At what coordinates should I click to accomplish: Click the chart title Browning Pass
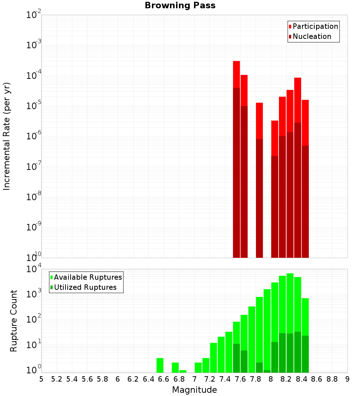pyautogui.click(x=180, y=5)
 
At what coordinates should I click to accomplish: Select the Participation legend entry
pyautogui.click(x=315, y=26)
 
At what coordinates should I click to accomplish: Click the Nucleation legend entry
pyautogui.click(x=311, y=36)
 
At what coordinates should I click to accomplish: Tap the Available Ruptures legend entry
pyautogui.click(x=87, y=277)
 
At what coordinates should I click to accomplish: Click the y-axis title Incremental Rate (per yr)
pyautogui.click(x=7, y=136)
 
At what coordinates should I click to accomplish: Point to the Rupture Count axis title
pyautogui.click(x=14, y=321)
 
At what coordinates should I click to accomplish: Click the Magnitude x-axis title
pyautogui.click(x=194, y=390)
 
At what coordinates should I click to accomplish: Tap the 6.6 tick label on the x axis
pyautogui.click(x=164, y=379)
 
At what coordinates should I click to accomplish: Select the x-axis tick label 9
pyautogui.click(x=347, y=379)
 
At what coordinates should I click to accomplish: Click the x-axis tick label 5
pyautogui.click(x=41, y=379)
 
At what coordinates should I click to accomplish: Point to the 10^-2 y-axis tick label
pyautogui.click(x=34, y=15)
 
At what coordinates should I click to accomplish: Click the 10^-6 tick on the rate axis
pyautogui.click(x=34, y=136)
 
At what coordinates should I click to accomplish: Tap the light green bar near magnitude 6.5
pyautogui.click(x=160, y=365)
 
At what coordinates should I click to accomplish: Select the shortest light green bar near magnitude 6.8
pyautogui.click(x=183, y=371)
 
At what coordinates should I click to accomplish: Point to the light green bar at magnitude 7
pyautogui.click(x=198, y=367)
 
